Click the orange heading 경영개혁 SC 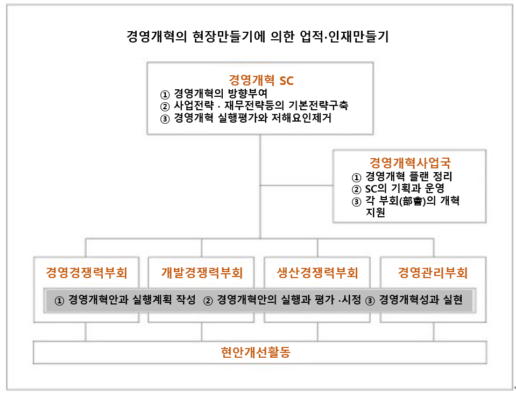click(260, 80)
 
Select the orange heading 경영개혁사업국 click(410, 163)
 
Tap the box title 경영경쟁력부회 click(87, 273)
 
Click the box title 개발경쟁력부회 click(202, 273)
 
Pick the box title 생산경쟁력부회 click(317, 273)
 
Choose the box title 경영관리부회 click(433, 273)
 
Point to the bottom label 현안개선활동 click(256, 352)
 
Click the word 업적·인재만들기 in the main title click(344, 36)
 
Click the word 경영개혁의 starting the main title click(157, 36)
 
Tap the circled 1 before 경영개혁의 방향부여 click(165, 95)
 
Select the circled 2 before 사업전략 click(165, 107)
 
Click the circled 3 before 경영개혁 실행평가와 click(165, 119)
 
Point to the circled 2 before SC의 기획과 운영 click(356, 189)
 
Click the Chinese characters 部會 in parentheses click(412, 201)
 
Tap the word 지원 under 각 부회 click(376, 212)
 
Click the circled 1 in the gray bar click(59, 301)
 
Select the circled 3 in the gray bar click(370, 301)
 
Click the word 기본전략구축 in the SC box click(318, 105)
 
